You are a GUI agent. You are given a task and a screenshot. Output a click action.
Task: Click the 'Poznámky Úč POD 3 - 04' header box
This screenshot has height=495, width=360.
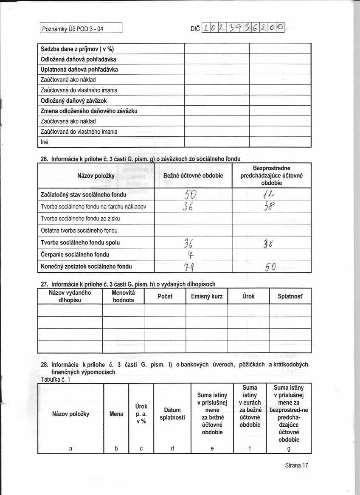coord(81,29)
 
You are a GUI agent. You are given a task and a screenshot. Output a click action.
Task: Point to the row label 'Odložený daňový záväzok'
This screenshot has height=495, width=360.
coord(73,100)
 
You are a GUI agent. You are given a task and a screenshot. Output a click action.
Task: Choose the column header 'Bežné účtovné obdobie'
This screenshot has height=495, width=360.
coord(193,175)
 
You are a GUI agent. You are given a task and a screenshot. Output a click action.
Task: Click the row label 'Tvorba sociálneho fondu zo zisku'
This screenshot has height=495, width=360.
coord(80,219)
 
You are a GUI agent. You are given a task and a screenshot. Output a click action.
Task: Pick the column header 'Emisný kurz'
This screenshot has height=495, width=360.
coord(206,296)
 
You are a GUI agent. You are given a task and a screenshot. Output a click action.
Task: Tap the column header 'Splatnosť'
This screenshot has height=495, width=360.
coord(290,296)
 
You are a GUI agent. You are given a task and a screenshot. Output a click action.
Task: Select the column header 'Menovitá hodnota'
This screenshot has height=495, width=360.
coord(123,296)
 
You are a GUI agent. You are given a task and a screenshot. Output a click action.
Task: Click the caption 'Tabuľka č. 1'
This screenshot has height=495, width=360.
coord(55,380)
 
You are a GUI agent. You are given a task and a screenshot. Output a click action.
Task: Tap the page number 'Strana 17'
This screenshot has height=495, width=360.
coord(296,465)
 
